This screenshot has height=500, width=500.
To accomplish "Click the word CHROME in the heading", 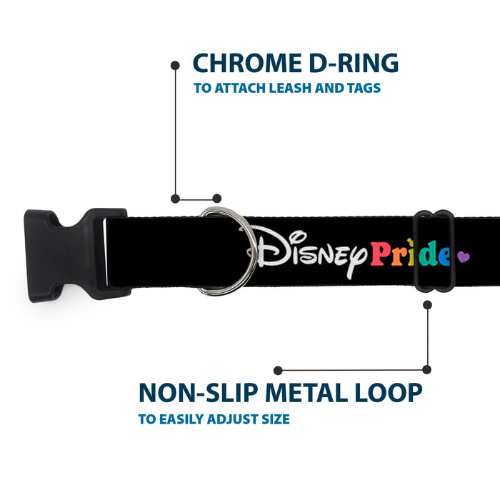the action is click(247, 63).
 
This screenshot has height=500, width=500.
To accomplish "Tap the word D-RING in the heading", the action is click(354, 63).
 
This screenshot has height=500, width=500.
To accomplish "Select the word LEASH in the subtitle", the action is click(290, 88).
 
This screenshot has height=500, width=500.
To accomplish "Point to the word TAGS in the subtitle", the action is click(364, 88).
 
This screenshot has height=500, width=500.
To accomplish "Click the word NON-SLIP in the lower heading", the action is click(199, 393).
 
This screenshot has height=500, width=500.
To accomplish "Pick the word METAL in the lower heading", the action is click(306, 393).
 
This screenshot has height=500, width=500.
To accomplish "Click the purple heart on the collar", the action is click(464, 256).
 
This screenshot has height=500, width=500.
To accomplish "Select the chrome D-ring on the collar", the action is click(228, 251).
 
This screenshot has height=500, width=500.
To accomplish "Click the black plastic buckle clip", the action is click(77, 255).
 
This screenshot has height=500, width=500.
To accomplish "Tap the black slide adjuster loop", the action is click(434, 251).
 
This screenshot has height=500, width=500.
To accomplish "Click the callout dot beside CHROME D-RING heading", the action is click(175, 66).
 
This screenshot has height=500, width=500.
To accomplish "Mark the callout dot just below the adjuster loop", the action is click(427, 305).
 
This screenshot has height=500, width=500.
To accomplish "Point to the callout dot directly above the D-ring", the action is click(217, 199).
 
